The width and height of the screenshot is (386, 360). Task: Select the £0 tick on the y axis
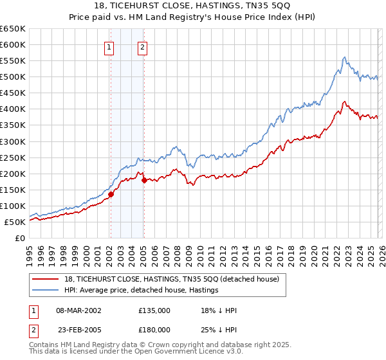coord(19,238)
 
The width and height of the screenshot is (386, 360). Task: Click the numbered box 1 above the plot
coord(109,46)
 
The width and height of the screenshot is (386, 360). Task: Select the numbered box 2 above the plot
coord(142,46)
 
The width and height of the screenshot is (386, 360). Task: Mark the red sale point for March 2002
coord(111,194)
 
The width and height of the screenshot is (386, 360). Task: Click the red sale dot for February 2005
coord(144,180)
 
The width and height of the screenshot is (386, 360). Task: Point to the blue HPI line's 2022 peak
coord(345,58)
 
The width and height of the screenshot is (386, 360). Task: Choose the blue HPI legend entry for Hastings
coord(141,291)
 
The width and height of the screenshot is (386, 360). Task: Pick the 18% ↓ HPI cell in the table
coord(219,310)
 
